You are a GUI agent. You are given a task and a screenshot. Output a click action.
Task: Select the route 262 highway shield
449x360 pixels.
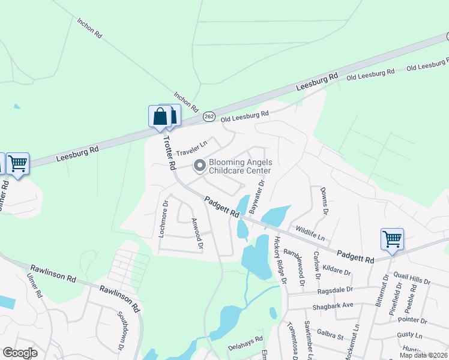(208, 116)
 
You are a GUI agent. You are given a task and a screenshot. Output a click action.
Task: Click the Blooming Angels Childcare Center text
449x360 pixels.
(240, 166)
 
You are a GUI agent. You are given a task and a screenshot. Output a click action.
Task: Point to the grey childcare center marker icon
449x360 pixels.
(199, 164)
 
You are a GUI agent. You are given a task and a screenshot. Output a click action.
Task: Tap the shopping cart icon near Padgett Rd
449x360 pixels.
(392, 239)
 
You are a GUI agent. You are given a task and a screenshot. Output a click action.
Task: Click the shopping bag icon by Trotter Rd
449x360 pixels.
(160, 116)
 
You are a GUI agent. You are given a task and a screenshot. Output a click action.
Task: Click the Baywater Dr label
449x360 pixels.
(257, 197)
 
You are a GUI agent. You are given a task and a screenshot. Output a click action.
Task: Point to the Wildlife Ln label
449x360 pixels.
(310, 230)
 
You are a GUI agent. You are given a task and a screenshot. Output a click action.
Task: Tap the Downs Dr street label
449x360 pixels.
(325, 200)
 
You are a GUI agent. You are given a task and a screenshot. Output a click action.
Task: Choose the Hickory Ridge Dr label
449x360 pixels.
(280, 259)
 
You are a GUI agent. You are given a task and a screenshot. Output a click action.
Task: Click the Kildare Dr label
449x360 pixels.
(336, 271)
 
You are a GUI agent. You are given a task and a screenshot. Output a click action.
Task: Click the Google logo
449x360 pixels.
(20, 353)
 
